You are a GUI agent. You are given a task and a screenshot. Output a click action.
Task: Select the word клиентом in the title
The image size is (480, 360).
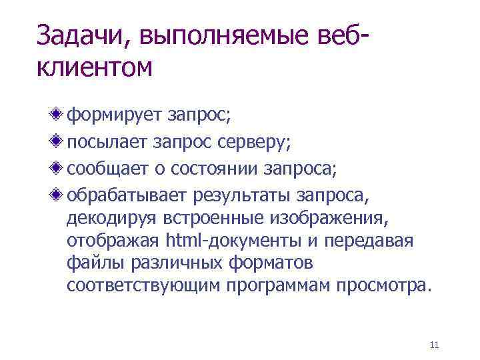click(x=95, y=67)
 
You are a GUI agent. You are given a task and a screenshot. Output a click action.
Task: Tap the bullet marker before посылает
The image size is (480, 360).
click(x=59, y=141)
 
